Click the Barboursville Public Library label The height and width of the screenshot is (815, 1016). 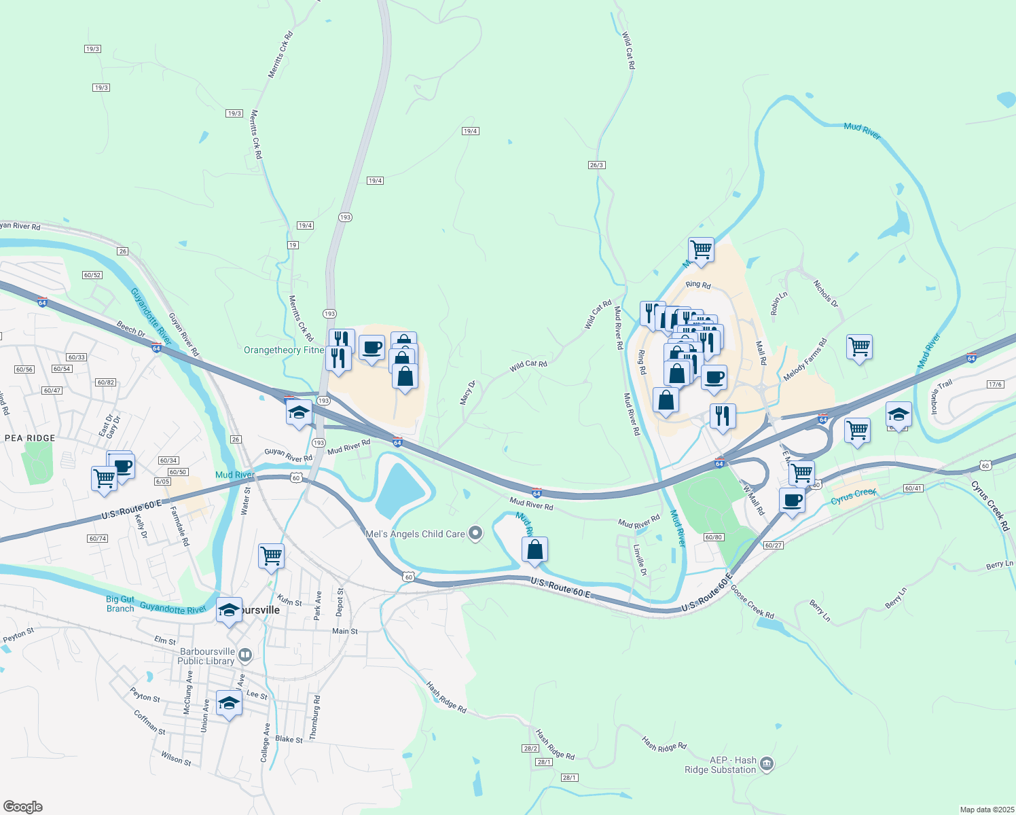click(206, 656)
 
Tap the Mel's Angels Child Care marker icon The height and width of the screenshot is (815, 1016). click(475, 534)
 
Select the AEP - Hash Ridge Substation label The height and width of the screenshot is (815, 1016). click(720, 765)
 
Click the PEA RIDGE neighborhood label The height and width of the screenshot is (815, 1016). click(30, 438)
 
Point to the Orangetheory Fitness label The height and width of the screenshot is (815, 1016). click(284, 350)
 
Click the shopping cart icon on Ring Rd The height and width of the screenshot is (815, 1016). click(701, 250)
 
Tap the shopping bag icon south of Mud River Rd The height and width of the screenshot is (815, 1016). click(535, 549)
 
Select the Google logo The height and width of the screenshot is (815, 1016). click(22, 807)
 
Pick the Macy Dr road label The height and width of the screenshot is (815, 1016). click(467, 393)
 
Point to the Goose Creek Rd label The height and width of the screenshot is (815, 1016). click(752, 601)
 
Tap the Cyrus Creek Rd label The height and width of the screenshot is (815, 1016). click(990, 506)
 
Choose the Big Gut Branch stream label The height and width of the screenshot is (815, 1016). click(120, 604)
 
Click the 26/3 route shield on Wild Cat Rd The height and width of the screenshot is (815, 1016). click(596, 165)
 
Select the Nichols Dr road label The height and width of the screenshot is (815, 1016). click(826, 293)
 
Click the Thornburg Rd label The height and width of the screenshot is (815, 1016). click(314, 717)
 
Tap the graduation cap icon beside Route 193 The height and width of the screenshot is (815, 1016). click(299, 412)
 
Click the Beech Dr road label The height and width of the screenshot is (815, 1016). click(131, 329)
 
